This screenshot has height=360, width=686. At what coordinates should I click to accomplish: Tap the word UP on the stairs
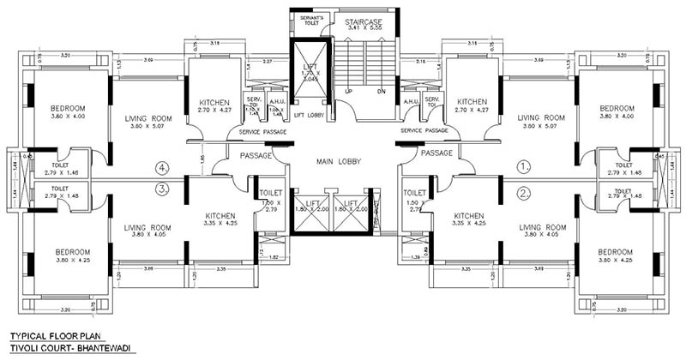click(347, 91)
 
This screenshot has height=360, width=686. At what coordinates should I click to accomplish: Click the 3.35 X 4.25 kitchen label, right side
click(471, 220)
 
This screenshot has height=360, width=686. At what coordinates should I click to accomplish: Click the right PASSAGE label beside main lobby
click(436, 153)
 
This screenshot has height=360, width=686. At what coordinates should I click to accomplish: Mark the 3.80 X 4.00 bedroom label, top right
click(617, 113)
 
